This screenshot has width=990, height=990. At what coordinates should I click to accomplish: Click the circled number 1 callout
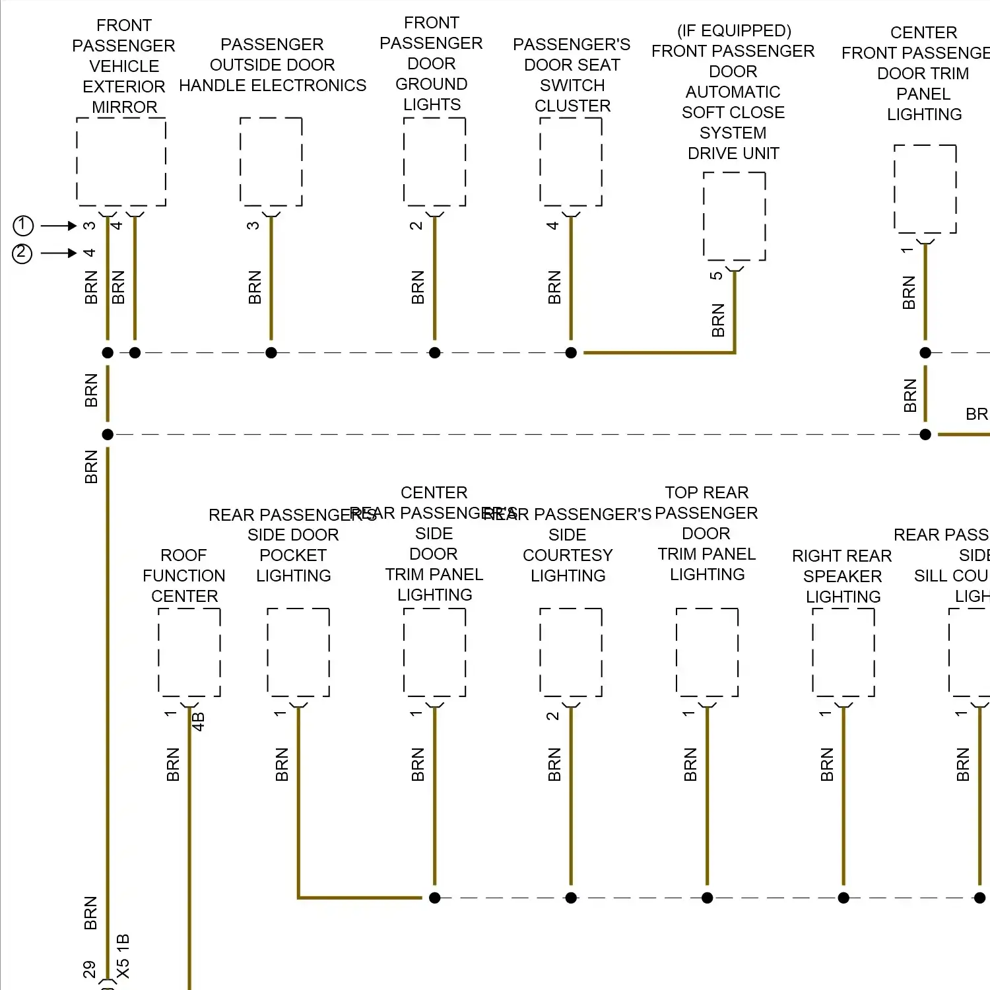tap(23, 226)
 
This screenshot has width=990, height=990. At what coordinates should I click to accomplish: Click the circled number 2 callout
tap(22, 253)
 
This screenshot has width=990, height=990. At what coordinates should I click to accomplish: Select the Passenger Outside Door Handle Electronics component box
tap(271, 162)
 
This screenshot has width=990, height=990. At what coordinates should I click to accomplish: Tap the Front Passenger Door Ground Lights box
tap(434, 162)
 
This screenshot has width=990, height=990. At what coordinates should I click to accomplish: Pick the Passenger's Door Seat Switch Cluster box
tap(571, 162)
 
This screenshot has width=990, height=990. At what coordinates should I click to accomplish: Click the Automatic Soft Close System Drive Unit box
tap(734, 216)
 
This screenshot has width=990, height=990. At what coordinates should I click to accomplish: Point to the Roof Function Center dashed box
tap(189, 652)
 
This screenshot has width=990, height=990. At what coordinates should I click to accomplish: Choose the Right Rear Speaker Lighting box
tap(843, 652)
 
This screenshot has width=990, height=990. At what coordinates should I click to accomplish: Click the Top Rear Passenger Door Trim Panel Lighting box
tap(707, 652)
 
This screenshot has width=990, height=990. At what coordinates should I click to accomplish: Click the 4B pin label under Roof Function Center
tap(198, 721)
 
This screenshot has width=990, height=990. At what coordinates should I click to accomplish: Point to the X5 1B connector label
tap(123, 956)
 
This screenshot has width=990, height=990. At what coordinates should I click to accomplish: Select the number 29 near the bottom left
tap(90, 969)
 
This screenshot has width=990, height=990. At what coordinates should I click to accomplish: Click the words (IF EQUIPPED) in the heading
tap(734, 31)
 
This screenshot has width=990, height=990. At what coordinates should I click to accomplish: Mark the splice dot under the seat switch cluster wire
tap(571, 353)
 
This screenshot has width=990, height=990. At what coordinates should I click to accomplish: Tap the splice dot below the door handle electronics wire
tap(271, 353)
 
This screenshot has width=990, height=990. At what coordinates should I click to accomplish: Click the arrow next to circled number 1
tap(59, 226)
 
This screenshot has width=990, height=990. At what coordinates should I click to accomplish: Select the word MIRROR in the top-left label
tap(124, 107)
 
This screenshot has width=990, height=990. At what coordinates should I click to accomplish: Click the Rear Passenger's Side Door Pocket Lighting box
tap(298, 652)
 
